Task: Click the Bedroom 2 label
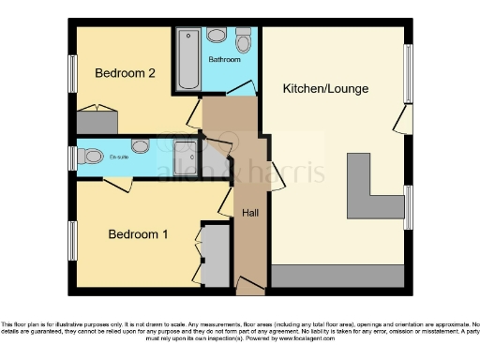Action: point(125,72)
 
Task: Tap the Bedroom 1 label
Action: point(138,234)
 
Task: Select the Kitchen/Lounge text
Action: point(325,89)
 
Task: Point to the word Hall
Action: point(250,214)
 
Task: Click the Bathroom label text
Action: point(224,60)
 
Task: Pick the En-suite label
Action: point(118,157)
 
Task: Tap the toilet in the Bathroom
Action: point(217,37)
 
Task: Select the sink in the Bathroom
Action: point(244,40)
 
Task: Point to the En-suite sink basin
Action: point(141,146)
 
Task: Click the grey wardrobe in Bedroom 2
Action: point(97,121)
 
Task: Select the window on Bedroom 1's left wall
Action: point(72,240)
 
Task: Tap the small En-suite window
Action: point(72,157)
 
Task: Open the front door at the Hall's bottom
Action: point(250,286)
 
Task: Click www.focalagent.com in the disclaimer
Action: point(271,333)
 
